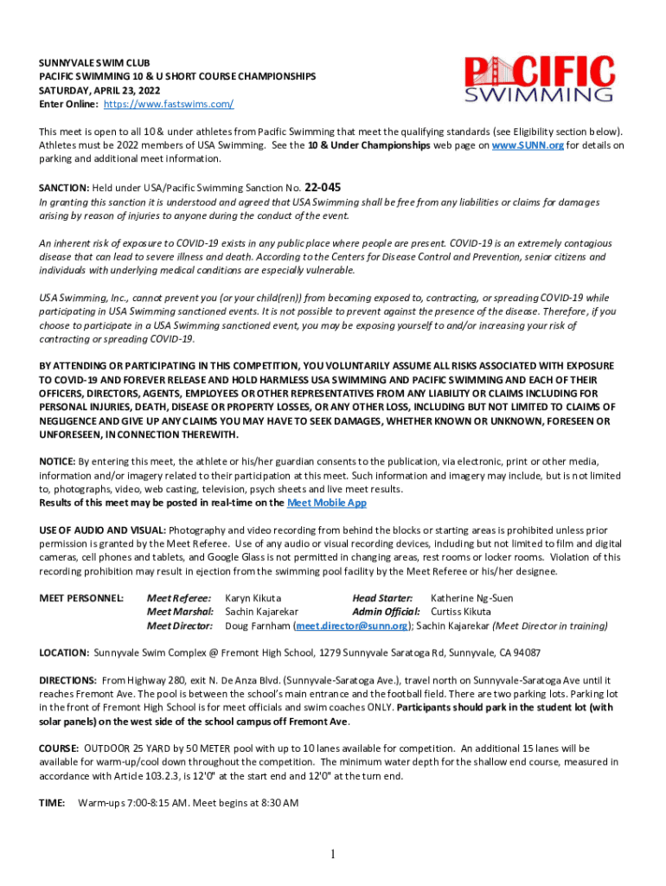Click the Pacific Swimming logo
pos(539,80)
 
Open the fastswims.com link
pos(169,104)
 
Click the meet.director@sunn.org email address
pos(352,626)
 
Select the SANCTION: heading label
pos(64,188)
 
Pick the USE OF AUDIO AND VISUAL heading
pos(102,530)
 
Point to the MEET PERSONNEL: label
pos(81,598)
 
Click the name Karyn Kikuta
pos(253,598)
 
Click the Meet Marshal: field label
pos(180,612)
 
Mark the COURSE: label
pos(59,748)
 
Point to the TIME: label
pos(52,803)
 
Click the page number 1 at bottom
pos(333,855)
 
